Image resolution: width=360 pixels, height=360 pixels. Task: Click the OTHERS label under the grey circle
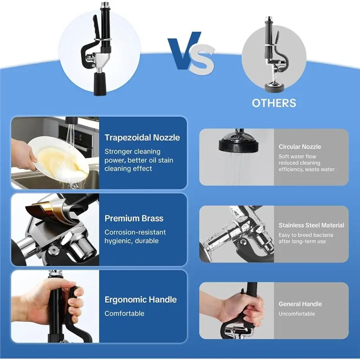coord(274,103)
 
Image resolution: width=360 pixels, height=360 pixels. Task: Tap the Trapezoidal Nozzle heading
coord(142,138)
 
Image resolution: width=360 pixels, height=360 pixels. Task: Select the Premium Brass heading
coord(134,218)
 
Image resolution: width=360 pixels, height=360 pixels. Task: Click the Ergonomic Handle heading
coord(140,299)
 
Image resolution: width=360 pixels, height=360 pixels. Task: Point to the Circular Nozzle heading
coord(300,147)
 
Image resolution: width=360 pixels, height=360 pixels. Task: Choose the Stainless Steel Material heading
coord(311,225)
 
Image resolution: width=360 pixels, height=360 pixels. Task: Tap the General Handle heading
coord(300,304)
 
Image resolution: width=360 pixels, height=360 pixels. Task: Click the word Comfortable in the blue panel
coord(124,313)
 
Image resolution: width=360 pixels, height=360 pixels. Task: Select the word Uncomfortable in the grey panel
coord(297,314)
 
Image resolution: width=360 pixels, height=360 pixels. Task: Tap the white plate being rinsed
coord(58,158)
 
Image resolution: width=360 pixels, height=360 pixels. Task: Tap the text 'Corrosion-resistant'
coord(135,232)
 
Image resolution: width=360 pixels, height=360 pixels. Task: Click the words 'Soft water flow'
coord(297,156)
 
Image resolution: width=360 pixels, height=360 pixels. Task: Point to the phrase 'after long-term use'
coord(302,241)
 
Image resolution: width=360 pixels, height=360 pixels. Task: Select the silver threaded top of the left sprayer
coord(105,5)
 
